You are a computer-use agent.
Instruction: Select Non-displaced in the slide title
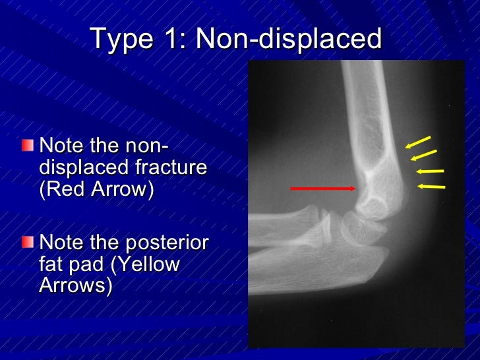pyautogui.click(x=289, y=39)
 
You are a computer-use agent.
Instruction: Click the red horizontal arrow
pyautogui.click(x=323, y=189)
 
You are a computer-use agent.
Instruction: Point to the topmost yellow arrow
pyautogui.click(x=417, y=142)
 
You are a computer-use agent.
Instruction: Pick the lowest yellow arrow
pyautogui.click(x=431, y=187)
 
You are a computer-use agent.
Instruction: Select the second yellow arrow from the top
pyautogui.click(x=423, y=155)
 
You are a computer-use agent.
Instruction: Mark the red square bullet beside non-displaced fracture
pyautogui.click(x=27, y=144)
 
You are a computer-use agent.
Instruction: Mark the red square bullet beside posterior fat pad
pyautogui.click(x=27, y=243)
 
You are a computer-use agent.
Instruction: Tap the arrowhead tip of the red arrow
pyautogui.click(x=356, y=189)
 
